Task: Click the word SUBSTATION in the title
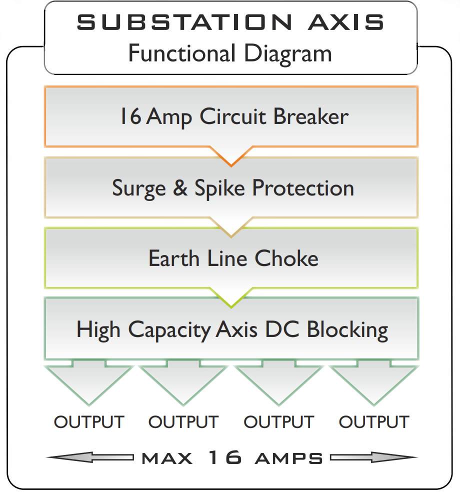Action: (184, 22)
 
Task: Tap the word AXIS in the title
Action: (346, 22)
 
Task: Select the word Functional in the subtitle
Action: (182, 53)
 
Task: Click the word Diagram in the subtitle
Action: (288, 54)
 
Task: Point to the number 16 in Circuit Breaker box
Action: (131, 116)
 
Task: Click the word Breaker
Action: (310, 116)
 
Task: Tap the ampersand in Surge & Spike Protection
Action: (180, 187)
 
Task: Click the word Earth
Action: (174, 258)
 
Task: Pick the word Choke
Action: (286, 258)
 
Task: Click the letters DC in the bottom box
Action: (282, 329)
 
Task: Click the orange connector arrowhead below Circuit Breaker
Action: (231, 156)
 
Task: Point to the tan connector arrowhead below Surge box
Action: (231, 227)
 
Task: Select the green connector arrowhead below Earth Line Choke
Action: (231, 297)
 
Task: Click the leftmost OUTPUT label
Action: (89, 422)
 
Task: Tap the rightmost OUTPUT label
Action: (374, 422)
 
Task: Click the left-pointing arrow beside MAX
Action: (90, 457)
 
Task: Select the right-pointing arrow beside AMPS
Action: (374, 457)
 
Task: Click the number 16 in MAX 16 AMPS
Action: (225, 457)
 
